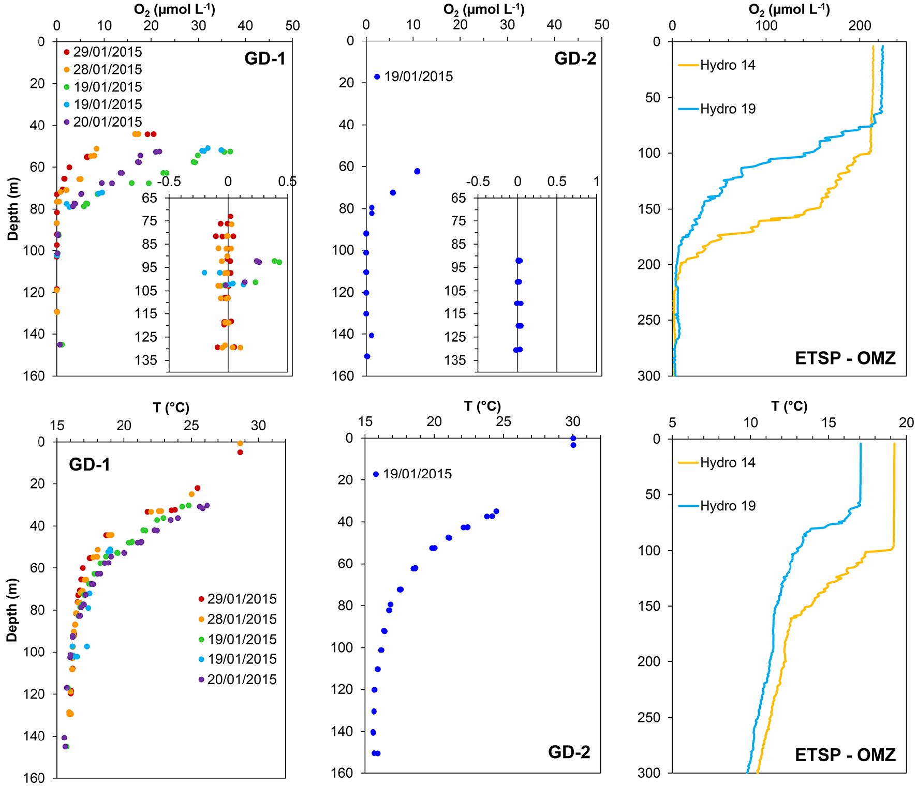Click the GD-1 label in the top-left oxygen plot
tap(265, 58)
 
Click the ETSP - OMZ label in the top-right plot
tap(845, 358)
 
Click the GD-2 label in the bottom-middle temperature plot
tap(569, 752)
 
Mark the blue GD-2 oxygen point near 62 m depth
tap(417, 171)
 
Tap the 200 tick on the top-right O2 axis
tap(860, 25)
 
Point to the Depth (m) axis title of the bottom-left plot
tap(12, 610)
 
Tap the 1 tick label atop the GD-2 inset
tap(596, 182)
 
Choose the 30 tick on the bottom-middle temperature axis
tap(572, 421)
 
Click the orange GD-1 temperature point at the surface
tap(240, 443)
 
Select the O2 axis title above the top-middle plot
tap(483, 9)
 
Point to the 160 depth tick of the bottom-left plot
tap(34, 778)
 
